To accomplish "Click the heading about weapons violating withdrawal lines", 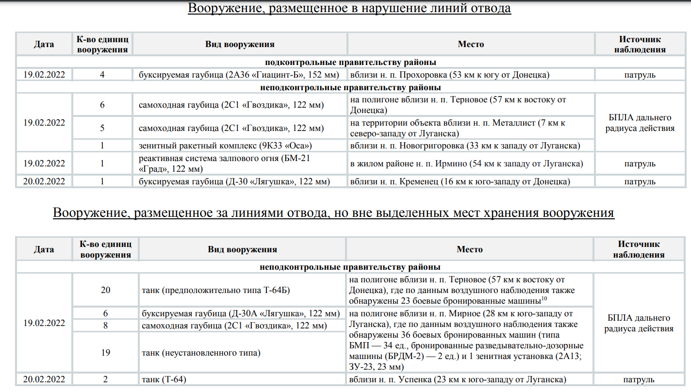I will [x=349, y=8].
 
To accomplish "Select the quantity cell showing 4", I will [x=102, y=75].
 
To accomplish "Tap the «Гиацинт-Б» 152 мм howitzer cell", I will [x=240, y=75].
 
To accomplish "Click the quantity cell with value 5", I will [x=102, y=128].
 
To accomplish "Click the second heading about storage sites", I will [x=333, y=213].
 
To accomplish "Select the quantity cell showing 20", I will [x=105, y=290].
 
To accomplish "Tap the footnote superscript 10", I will [x=544, y=298].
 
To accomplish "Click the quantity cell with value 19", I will [x=105, y=353].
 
